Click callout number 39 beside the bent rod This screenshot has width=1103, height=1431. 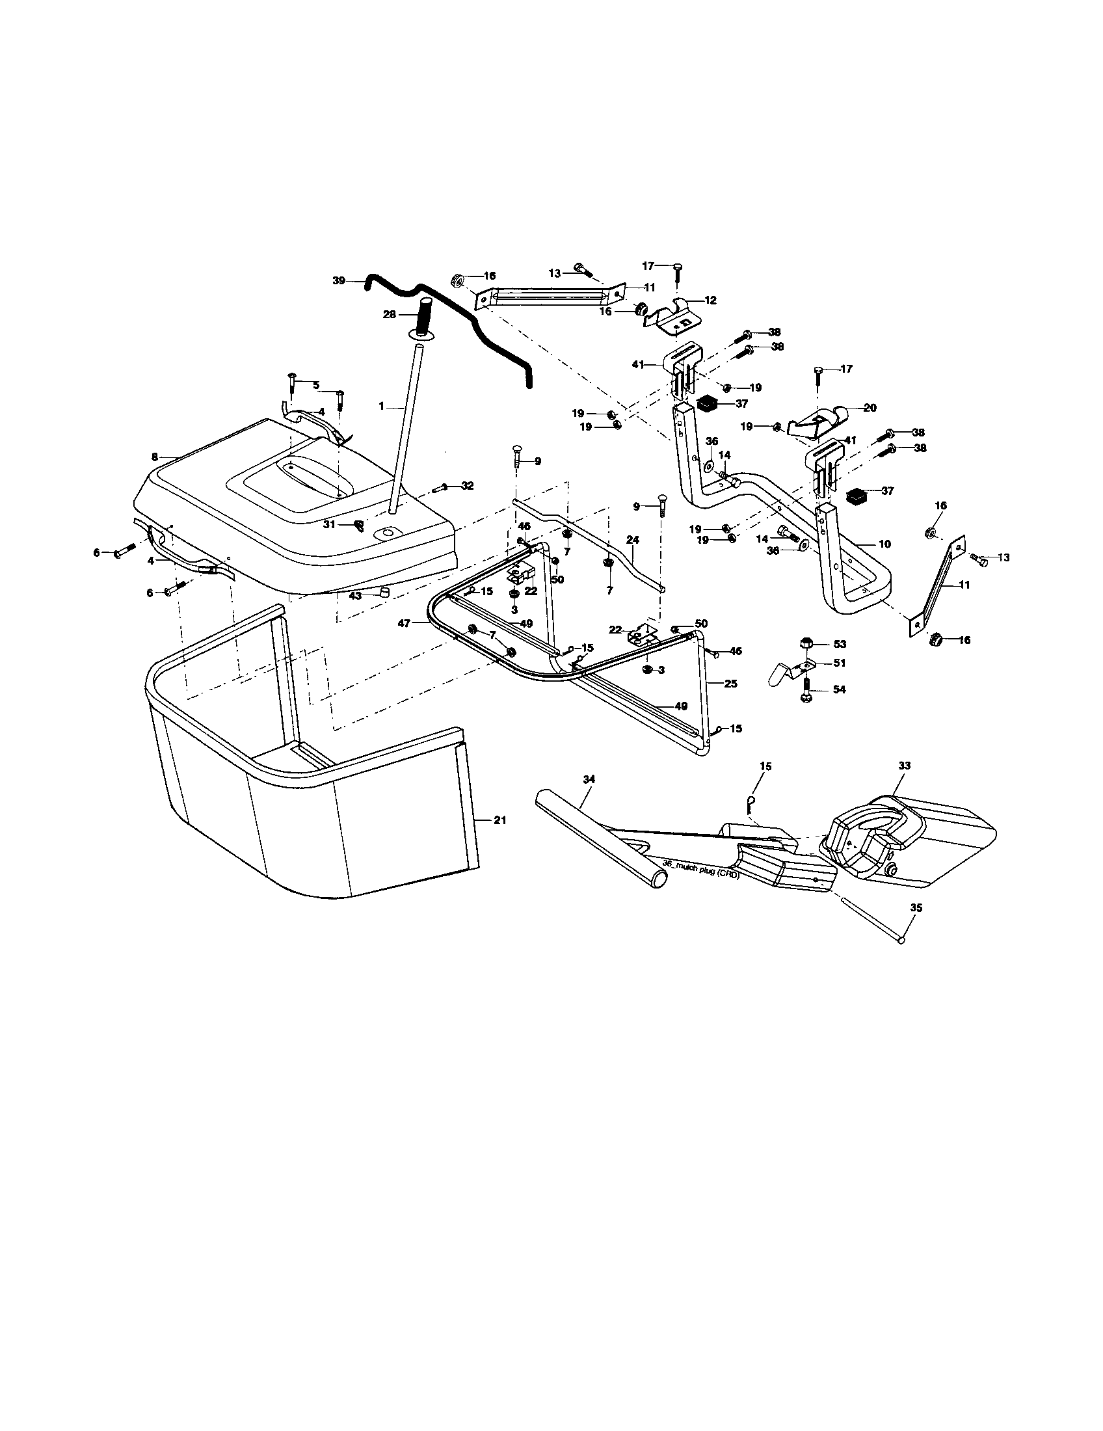point(338,280)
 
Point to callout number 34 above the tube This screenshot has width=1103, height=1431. point(588,779)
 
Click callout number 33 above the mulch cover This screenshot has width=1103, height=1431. point(905,766)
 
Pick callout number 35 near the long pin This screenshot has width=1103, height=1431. point(916,908)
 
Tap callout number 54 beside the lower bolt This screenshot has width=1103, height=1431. point(839,690)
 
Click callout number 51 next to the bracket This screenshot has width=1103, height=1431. point(839,663)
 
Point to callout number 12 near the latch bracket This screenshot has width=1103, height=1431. point(711,300)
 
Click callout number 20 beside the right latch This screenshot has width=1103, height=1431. point(870,408)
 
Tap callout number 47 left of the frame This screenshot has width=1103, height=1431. point(403,624)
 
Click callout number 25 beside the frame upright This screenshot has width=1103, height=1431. point(731,684)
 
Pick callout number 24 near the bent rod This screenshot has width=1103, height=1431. point(632,540)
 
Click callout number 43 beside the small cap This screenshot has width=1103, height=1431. point(355,596)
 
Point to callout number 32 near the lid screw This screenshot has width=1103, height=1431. point(467,485)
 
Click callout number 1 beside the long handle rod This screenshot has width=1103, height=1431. point(380,407)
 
